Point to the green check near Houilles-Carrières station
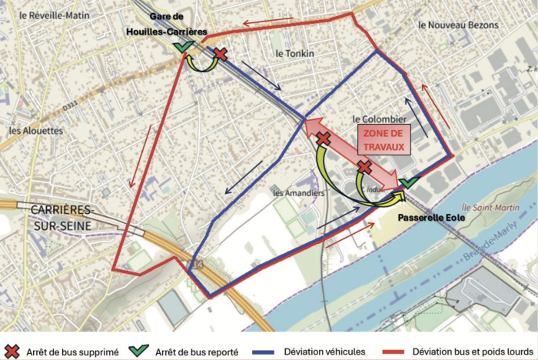pyautogui.click(x=182, y=47)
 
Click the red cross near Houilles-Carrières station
pyautogui.click(x=220, y=53)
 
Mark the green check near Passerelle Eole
pyautogui.click(x=409, y=182)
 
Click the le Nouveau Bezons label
pyautogui.click(x=458, y=25)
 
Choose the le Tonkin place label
pyautogui.click(x=295, y=53)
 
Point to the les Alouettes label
pyautogui.click(x=36, y=131)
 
